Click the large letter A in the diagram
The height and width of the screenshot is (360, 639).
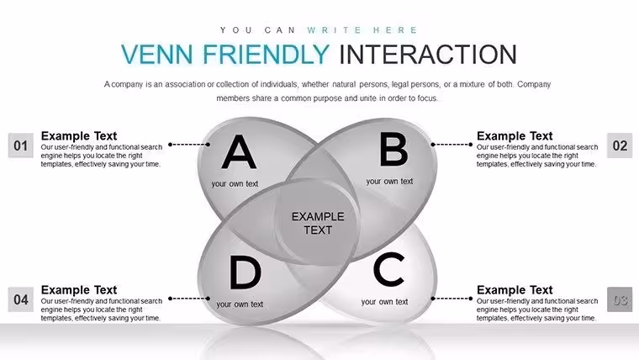240,152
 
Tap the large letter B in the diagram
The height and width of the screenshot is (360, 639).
393,150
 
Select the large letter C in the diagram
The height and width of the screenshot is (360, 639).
388,269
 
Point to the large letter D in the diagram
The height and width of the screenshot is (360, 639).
246,273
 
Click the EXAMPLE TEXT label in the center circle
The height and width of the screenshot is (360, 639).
318,223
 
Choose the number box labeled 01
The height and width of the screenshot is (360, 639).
21,146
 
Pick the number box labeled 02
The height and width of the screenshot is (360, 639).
620,146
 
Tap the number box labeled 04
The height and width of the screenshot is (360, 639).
21,299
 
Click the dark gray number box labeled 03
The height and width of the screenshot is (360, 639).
620,299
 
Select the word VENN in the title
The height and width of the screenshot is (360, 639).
157,54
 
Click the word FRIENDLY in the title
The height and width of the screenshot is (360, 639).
267,54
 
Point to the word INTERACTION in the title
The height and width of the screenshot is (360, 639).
428,54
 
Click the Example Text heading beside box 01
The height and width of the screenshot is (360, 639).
79,135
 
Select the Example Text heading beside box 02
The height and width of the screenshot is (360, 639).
515,135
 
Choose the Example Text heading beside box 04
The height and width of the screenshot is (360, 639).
79,290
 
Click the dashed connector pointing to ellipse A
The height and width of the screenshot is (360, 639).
189,145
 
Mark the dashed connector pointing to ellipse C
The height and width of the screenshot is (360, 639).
452,299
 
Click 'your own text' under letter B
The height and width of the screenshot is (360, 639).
389,182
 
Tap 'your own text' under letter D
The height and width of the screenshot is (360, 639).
240,304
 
